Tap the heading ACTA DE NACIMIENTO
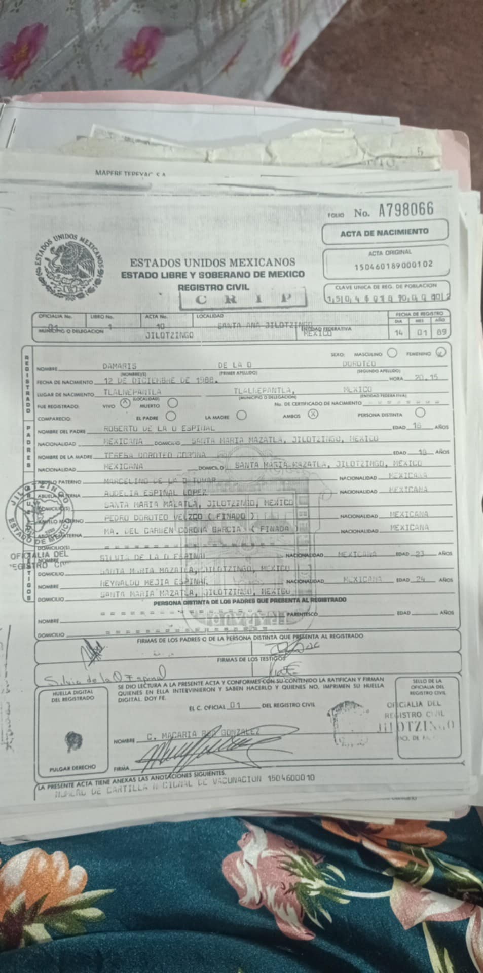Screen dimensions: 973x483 click(384, 232)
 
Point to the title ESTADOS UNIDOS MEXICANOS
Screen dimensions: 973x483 click(212, 263)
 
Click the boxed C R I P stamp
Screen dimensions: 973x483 click(244, 299)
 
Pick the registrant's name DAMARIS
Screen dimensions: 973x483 click(120, 365)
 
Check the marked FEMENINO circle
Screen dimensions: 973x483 click(441, 352)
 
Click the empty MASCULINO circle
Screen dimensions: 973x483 click(392, 352)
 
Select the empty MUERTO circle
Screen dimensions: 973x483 click(172, 403)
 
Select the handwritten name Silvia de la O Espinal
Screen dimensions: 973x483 click(104, 676)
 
